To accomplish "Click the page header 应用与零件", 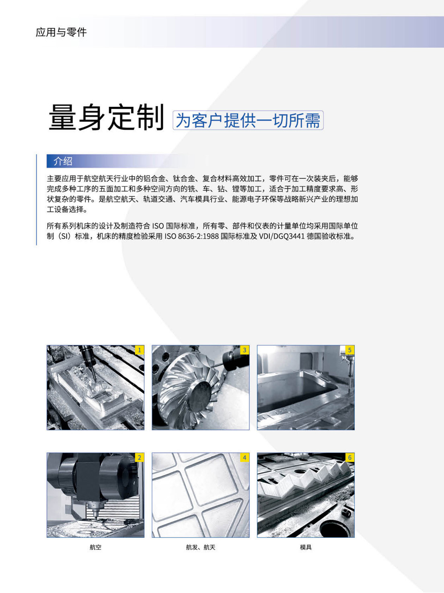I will coord(61,32).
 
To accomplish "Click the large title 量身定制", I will coord(107,117).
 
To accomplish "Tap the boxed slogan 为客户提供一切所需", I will coord(248,120).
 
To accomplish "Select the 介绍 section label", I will coord(63,161).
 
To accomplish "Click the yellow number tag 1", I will coord(140,350).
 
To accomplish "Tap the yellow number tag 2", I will coord(140,458).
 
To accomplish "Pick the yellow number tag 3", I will coord(245,350).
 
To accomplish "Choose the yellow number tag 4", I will coord(245,458).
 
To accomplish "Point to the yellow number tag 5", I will coord(350,350).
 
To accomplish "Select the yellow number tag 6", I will coord(350,458).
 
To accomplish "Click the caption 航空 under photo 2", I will coord(95,547).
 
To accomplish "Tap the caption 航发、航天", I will coord(201,547).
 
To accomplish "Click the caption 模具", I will coord(306,547).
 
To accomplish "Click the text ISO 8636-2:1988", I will coord(191,236).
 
